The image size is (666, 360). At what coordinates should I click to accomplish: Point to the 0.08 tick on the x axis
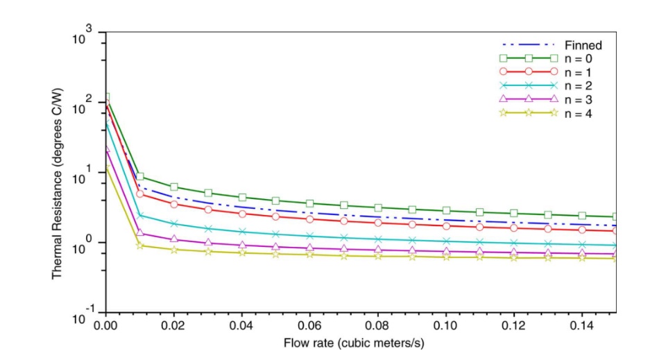tap(377, 325)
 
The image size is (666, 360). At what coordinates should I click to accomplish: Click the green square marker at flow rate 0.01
tap(140, 177)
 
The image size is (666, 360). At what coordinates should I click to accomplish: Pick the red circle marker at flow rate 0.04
tap(242, 214)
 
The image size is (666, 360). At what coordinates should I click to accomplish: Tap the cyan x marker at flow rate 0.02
tap(174, 223)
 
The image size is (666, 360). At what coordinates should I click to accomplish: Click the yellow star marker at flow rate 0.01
tap(140, 245)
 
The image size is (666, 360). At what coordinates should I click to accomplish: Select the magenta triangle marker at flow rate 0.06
tap(310, 248)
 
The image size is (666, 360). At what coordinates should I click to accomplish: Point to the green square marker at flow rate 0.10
tap(446, 210)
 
